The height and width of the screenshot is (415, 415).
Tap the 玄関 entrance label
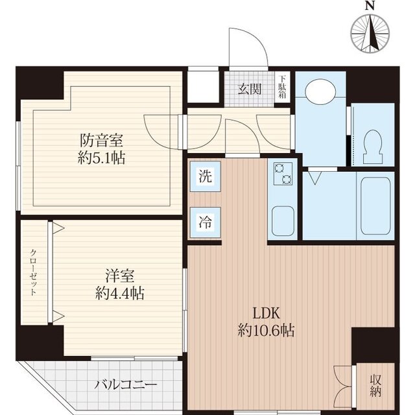(248, 89)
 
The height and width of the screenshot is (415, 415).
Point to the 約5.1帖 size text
(102, 157)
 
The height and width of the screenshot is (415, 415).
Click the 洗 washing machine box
(204, 176)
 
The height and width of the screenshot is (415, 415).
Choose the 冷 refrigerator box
(204, 220)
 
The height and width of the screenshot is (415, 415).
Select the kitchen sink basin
(283, 220)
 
